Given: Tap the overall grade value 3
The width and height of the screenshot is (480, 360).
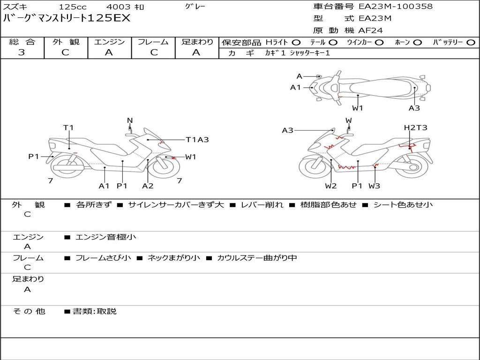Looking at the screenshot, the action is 22,52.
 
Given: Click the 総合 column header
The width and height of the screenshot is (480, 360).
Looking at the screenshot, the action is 22,42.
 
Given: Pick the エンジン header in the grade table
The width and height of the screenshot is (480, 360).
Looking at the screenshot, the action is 109,42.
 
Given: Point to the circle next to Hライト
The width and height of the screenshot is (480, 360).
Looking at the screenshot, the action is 296,42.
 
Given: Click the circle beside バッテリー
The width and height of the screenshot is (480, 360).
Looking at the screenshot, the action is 471,42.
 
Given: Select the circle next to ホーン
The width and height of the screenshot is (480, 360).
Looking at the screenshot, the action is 418,42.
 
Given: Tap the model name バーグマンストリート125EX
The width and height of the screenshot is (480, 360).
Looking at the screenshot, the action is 67,19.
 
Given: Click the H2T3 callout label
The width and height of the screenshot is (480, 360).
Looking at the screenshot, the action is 415,127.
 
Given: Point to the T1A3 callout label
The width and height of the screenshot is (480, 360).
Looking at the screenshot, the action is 197,139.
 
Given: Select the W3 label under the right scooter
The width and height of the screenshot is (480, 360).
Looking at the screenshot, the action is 374,186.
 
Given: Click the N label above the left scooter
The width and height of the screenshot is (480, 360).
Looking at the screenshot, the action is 130,120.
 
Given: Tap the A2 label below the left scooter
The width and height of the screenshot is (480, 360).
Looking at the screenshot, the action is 148,186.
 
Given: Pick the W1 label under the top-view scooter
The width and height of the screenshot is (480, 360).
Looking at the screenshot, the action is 358,108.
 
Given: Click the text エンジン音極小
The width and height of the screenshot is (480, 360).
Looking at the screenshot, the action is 106,237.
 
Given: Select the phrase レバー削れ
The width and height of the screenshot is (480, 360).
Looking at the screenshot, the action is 262,205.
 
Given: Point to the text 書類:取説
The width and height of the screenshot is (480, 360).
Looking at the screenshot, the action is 94,311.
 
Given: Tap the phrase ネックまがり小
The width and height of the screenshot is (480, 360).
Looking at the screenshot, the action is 174,258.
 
